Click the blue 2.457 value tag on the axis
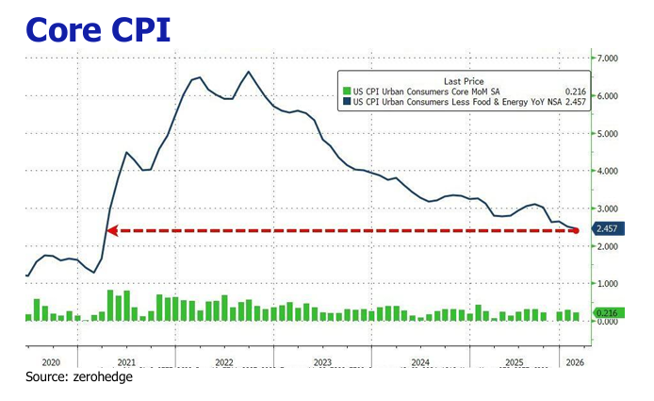(605, 229)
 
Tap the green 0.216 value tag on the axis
(605, 312)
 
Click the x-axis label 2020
(51, 362)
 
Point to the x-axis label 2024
(420, 362)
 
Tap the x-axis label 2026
(572, 362)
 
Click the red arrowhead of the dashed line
(109, 229)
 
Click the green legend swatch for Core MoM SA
(346, 91)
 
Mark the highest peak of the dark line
(248, 72)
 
